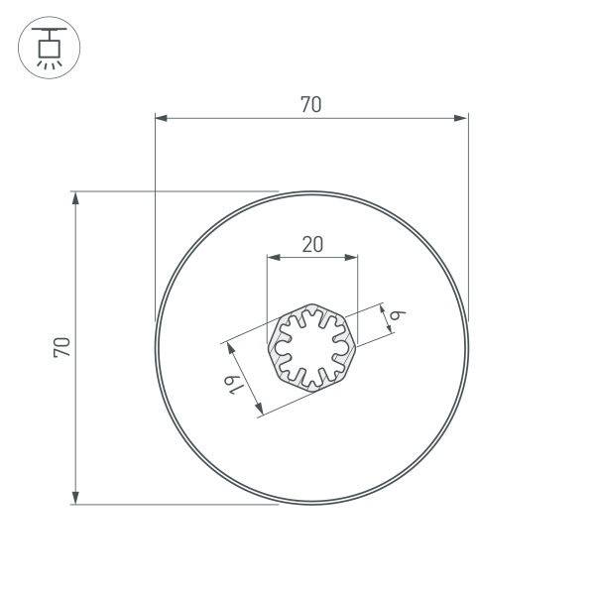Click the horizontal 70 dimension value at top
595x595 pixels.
[310, 104]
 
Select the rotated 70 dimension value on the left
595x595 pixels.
[61, 347]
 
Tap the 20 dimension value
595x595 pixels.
[311, 244]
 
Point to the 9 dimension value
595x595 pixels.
[398, 315]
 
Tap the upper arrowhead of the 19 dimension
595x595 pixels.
[230, 348]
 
